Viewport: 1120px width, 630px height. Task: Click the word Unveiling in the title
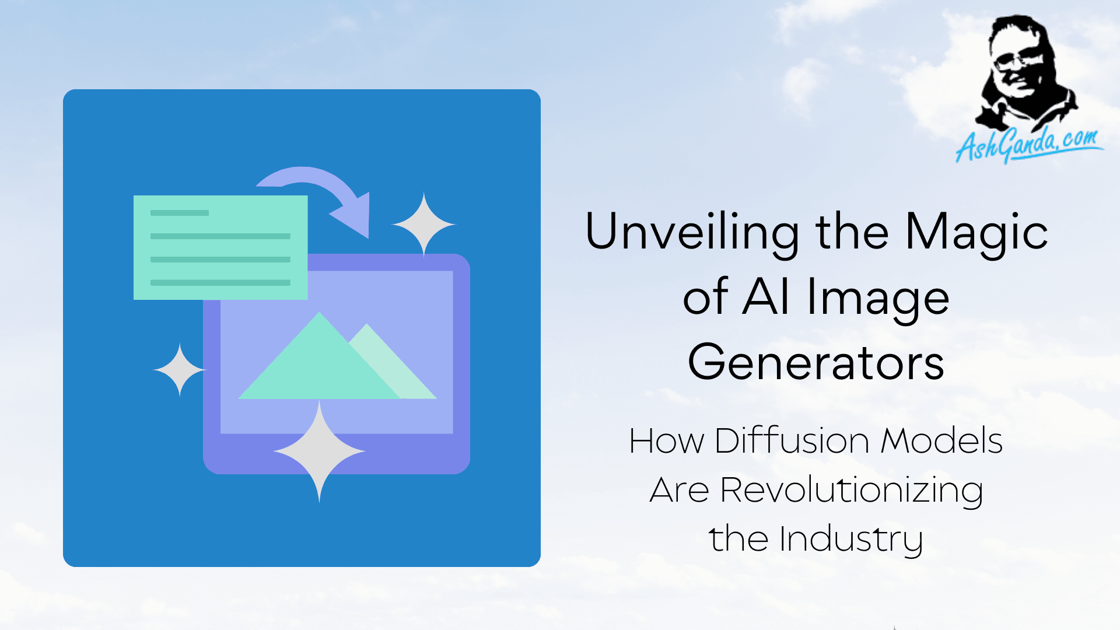[x=692, y=232]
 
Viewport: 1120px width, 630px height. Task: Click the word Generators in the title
[x=816, y=362]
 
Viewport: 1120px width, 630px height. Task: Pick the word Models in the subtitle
[x=942, y=441]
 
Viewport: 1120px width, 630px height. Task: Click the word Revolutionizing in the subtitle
[x=851, y=491]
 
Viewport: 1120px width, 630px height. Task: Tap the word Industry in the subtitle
[x=851, y=540]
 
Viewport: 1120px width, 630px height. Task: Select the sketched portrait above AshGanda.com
[x=1025, y=73]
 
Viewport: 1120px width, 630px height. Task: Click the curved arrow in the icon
[x=327, y=188]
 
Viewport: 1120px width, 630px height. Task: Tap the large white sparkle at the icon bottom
[x=319, y=451]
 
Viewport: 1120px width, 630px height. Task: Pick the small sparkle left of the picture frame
[x=180, y=370]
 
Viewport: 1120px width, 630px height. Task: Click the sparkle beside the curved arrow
[x=423, y=224]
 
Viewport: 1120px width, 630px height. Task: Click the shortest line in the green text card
[x=180, y=213]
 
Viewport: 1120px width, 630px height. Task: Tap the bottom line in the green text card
[x=220, y=283]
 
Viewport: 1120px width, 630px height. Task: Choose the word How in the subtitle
[x=667, y=441]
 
